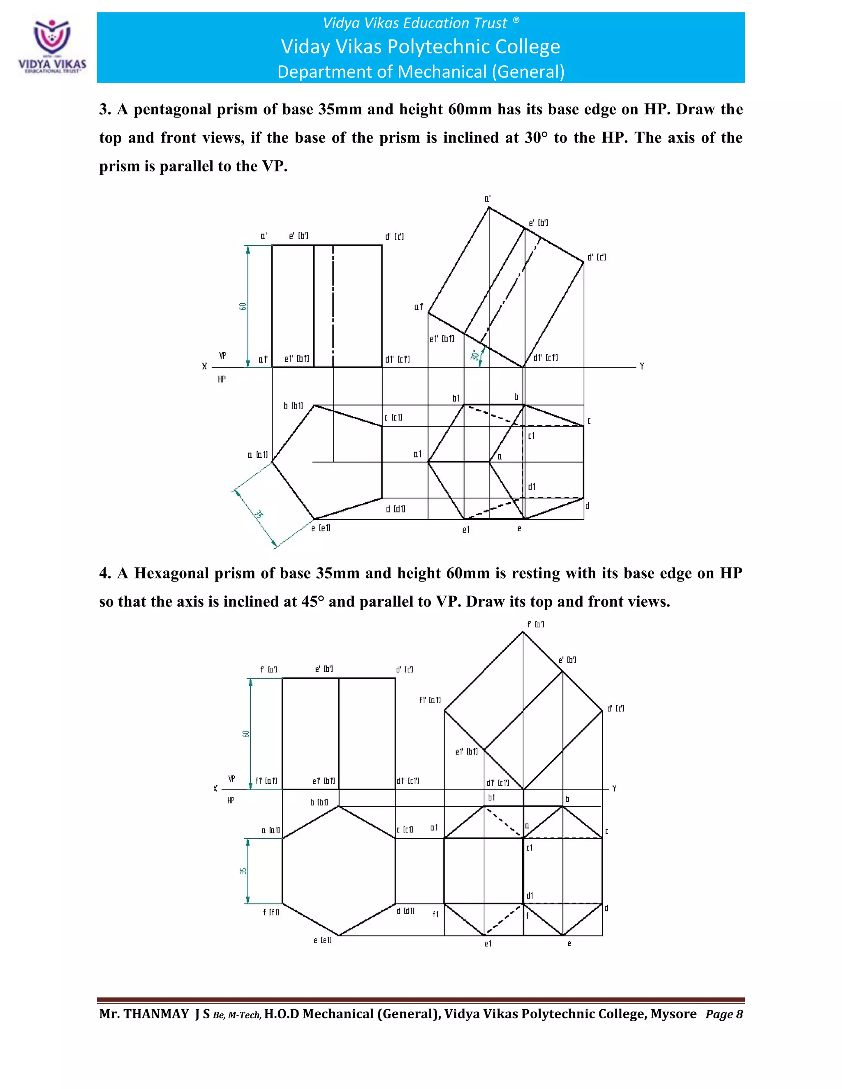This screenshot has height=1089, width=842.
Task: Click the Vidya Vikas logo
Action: coord(52,46)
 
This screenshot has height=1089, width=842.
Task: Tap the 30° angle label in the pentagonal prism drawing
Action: coord(474,355)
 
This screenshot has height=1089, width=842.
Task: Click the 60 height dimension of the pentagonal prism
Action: coord(243,306)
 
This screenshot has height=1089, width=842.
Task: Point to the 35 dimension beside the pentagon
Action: coord(258,514)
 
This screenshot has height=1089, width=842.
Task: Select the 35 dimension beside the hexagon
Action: coord(243,871)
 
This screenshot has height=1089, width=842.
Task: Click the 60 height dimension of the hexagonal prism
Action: coord(245,734)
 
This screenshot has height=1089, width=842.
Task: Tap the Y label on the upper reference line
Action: coord(641,367)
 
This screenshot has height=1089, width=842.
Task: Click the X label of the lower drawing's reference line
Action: coord(215,788)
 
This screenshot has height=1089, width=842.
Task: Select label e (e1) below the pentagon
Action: coord(321,528)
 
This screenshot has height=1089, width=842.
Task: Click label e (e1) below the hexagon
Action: coord(322,940)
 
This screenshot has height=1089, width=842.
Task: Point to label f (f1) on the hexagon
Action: coord(271,912)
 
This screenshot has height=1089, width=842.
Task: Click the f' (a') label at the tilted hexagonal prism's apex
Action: coord(536,624)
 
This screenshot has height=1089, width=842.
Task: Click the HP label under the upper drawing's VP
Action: coord(222,379)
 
